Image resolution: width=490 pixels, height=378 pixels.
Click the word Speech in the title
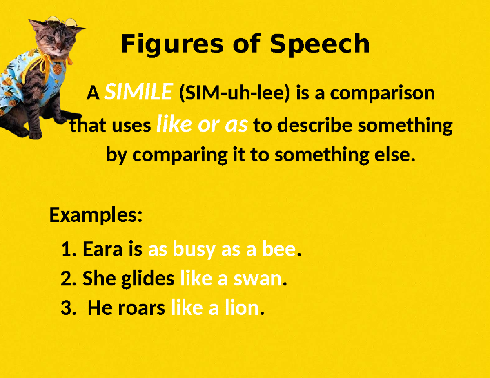click(x=319, y=44)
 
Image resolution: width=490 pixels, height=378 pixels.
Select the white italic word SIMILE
click(x=138, y=93)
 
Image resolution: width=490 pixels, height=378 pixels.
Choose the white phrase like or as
click(x=202, y=126)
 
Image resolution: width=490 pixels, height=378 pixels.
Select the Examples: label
click(x=96, y=215)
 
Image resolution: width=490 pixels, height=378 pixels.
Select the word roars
click(x=142, y=308)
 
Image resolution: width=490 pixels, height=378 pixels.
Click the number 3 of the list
click(x=66, y=308)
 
